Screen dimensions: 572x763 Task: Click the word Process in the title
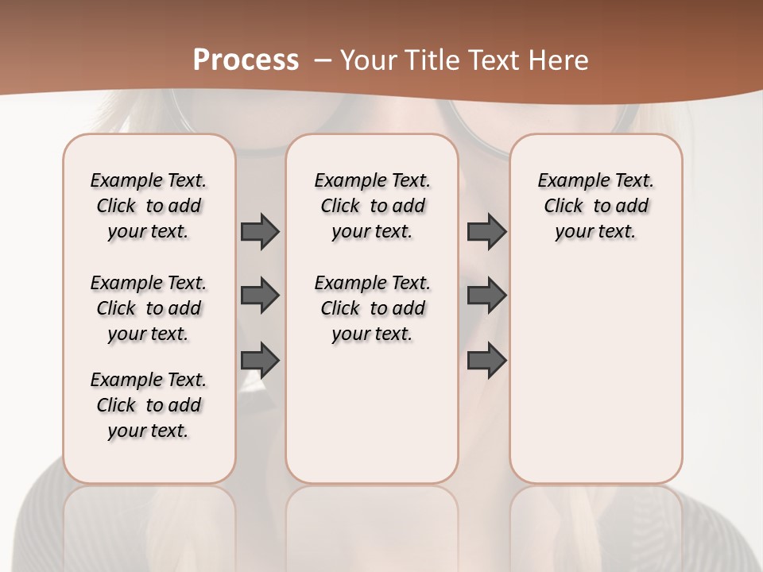click(246, 60)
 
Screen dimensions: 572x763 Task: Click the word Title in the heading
click(430, 60)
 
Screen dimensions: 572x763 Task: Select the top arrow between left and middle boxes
click(260, 231)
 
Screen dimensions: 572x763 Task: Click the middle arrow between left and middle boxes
click(260, 296)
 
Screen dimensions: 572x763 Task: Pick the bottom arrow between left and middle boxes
click(260, 361)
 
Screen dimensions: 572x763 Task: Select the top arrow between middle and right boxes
click(486, 231)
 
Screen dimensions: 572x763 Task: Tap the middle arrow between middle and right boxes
click(486, 296)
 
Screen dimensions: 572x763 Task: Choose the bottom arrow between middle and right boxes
click(486, 361)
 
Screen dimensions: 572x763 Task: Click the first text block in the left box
click(149, 206)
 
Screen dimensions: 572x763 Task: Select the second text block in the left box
click(149, 308)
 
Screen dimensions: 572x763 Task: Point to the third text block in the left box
click(149, 405)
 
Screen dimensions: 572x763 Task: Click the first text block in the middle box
click(372, 206)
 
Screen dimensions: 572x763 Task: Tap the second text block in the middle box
click(372, 308)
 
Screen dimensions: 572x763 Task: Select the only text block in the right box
click(595, 206)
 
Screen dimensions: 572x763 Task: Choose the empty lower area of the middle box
click(372, 413)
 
